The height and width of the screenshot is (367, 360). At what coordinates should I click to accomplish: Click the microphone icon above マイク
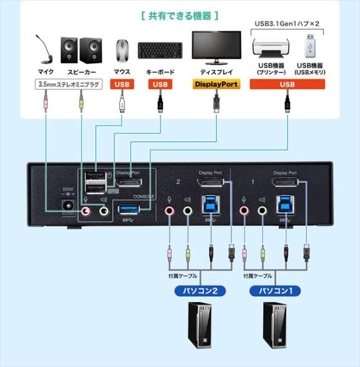coord(44,50)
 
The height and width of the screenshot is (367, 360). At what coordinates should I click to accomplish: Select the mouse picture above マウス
coord(122,52)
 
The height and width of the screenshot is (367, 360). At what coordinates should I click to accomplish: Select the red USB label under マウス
coord(122,84)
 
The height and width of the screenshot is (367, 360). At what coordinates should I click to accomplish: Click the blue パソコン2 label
coord(196,291)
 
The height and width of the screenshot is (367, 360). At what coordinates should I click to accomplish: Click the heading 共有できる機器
coord(179,15)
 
